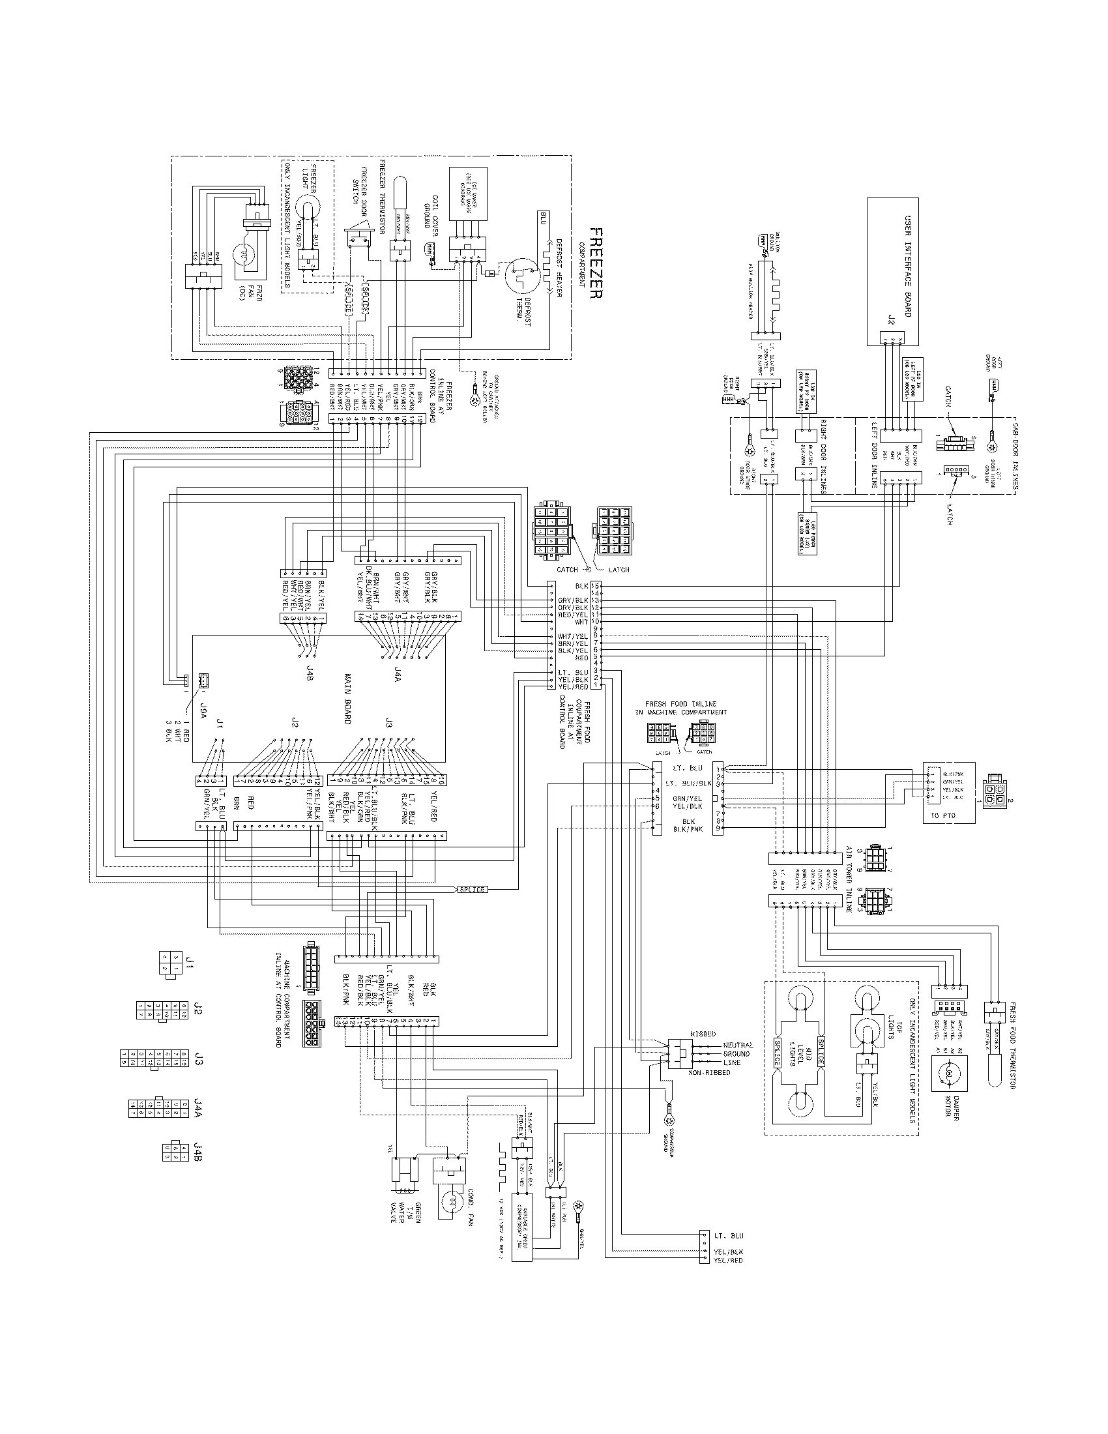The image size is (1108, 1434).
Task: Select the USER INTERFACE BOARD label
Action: point(908,265)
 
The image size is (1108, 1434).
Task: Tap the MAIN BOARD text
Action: point(347,698)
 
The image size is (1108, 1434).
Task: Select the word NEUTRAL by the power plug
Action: point(738,1045)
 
